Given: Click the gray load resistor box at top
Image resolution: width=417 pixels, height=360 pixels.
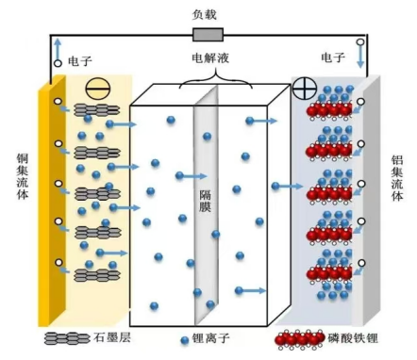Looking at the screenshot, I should click(x=208, y=36).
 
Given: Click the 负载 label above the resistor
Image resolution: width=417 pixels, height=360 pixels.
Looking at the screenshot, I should click(x=208, y=13).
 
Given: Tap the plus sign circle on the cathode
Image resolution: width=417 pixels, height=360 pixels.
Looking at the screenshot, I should click(x=305, y=91).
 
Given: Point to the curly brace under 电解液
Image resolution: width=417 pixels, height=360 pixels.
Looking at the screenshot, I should click(x=208, y=78).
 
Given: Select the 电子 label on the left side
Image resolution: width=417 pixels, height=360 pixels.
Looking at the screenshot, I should click(x=80, y=60).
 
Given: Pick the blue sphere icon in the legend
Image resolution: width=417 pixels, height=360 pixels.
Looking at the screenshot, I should click(x=185, y=338).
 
